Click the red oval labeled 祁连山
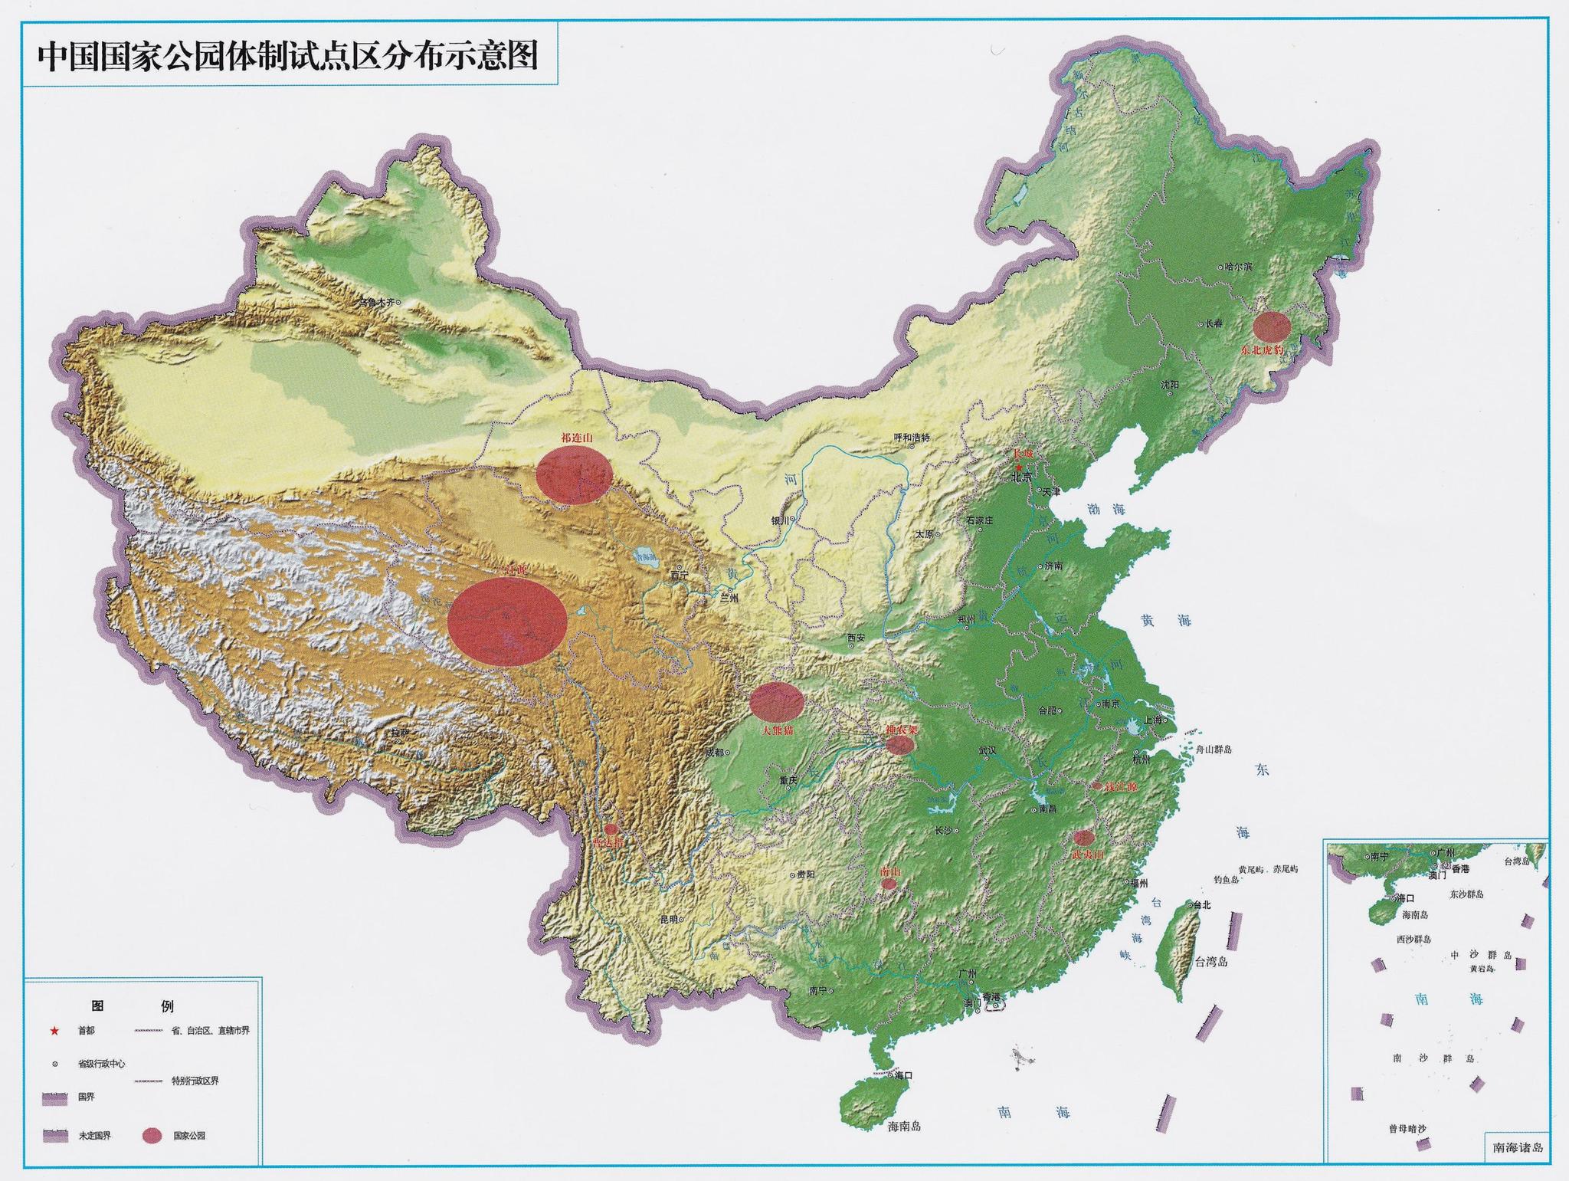pyautogui.click(x=574, y=476)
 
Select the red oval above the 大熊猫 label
pyautogui.click(x=776, y=700)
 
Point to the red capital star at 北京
pyautogui.click(x=1018, y=467)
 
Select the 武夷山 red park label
pyautogui.click(x=1088, y=853)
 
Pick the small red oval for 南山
pyautogui.click(x=889, y=884)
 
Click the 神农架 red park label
pyautogui.click(x=901, y=730)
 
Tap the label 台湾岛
pyautogui.click(x=1210, y=961)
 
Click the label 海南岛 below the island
pyautogui.click(x=904, y=1126)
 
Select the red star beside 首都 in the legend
pyautogui.click(x=54, y=1031)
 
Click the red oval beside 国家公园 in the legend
pyautogui.click(x=152, y=1136)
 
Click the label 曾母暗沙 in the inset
pyautogui.click(x=1407, y=1128)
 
